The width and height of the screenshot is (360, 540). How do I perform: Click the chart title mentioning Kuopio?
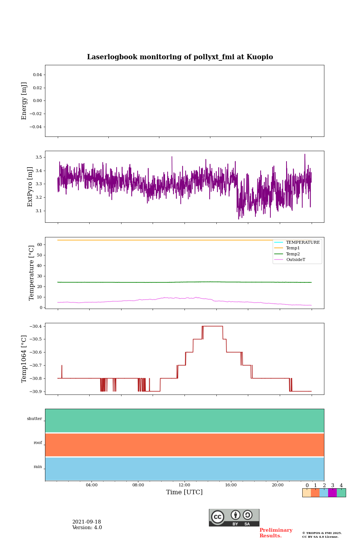click(x=180, y=57)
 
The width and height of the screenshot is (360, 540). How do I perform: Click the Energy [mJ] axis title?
click(x=24, y=101)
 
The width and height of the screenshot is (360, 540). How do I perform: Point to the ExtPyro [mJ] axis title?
click(x=30, y=187)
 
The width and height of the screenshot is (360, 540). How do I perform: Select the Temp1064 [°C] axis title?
click(x=24, y=359)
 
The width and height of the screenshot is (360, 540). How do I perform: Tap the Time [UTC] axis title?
click(x=184, y=492)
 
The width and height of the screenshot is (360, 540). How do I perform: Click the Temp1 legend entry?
click(x=293, y=248)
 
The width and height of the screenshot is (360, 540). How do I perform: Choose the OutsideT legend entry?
click(x=295, y=260)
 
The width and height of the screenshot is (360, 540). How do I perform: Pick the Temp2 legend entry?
click(x=293, y=254)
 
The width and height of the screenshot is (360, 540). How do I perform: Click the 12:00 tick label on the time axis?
click(x=184, y=485)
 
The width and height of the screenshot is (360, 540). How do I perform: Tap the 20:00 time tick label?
click(x=277, y=485)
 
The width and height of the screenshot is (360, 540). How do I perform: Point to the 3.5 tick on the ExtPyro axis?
click(x=39, y=157)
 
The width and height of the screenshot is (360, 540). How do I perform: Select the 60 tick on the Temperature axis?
click(x=39, y=244)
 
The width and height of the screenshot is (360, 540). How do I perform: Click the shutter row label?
click(x=34, y=419)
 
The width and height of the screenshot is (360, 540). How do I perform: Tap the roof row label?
click(x=38, y=443)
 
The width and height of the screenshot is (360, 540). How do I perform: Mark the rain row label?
click(x=38, y=467)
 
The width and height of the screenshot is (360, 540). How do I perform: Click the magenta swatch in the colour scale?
click(x=332, y=493)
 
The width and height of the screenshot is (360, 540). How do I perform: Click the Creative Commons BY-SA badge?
click(x=234, y=517)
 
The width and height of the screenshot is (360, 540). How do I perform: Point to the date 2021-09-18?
click(x=87, y=522)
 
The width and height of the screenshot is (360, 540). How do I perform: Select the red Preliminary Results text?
click(x=276, y=533)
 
